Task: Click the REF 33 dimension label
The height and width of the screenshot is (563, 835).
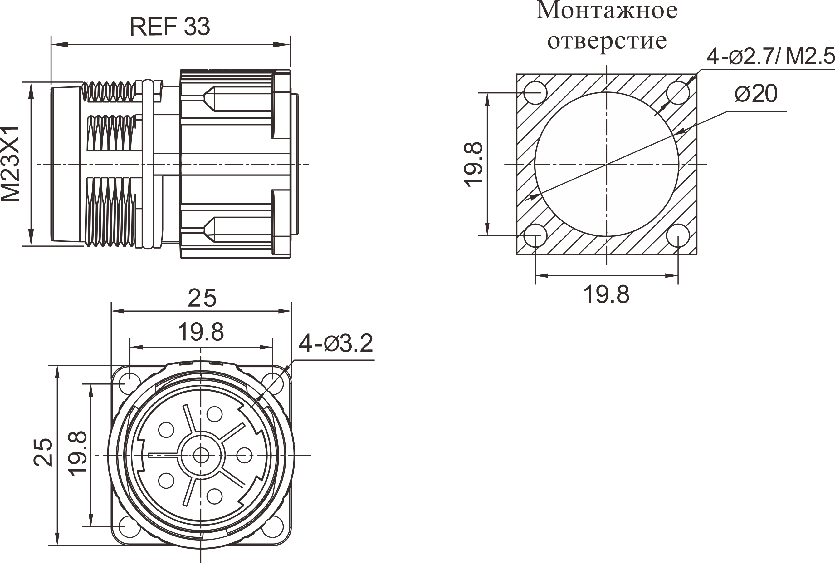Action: coord(170,27)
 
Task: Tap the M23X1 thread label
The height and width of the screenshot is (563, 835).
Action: coord(10,164)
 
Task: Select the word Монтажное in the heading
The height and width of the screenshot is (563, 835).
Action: coord(607,10)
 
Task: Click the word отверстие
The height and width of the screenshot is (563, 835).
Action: coord(607,41)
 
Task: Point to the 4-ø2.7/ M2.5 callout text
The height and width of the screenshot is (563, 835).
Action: coord(771,57)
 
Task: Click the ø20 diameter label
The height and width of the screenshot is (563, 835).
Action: coord(756,93)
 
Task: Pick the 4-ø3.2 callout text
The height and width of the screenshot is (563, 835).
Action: coord(336,343)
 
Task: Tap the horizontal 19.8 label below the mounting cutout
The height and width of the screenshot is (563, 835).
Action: coord(606,295)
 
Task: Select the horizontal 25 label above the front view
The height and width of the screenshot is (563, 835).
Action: coord(202,298)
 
